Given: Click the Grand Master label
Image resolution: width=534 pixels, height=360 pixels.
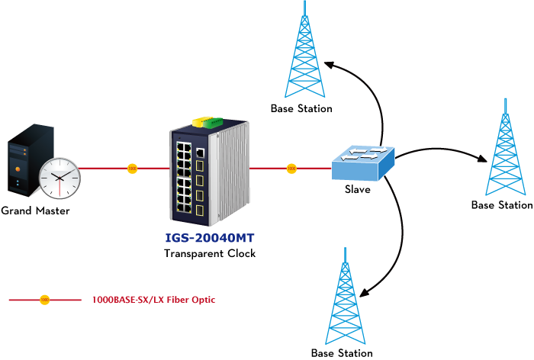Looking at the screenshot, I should point(35,211).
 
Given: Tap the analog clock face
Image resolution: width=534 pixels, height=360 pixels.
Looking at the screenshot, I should point(60,177).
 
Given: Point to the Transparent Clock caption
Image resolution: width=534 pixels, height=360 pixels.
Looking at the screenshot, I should point(210,253).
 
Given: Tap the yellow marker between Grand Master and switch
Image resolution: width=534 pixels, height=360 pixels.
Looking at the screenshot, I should point(133,168).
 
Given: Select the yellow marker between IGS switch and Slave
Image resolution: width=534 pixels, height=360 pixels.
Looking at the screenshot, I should point(291,168).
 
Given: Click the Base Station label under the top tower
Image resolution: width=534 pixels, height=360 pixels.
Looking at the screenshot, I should point(301,109).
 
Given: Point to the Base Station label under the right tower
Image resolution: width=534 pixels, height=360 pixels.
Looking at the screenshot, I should point(501,205).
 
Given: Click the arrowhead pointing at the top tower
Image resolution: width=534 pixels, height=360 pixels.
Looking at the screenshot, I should point(326,64).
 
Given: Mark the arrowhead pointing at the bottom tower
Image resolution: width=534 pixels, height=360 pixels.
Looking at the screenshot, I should point(365,294).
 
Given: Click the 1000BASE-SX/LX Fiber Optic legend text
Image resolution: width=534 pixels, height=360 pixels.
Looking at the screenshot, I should point(153,301).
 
